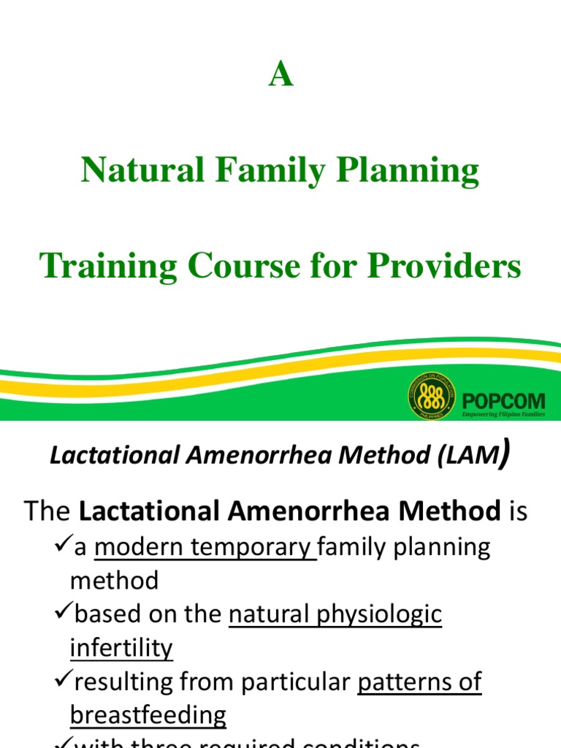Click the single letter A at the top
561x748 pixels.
tap(280, 75)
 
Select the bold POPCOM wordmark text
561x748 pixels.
tap(504, 401)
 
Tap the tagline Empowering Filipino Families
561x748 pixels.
tap(504, 414)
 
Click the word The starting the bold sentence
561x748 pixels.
tap(48, 511)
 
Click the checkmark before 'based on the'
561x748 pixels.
tap(63, 614)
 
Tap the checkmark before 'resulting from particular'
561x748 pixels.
tap(63, 681)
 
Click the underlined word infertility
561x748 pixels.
tap(121, 647)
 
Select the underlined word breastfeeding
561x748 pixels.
tap(148, 714)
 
